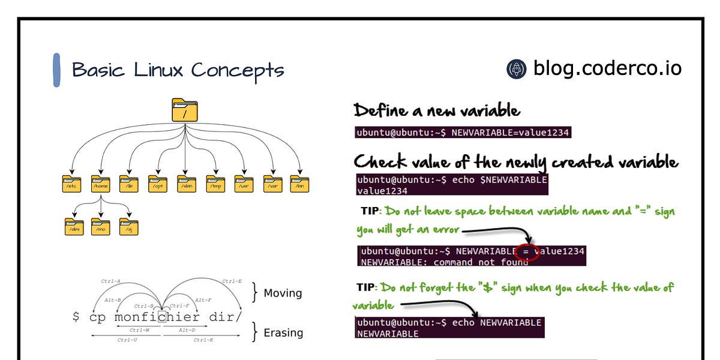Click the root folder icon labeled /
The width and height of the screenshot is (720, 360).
pyautogui.click(x=184, y=110)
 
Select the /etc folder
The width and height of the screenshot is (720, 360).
pyautogui.click(x=71, y=184)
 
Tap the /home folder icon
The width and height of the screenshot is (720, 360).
pyautogui.click(x=100, y=184)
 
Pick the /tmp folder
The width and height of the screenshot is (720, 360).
pyautogui.click(x=215, y=184)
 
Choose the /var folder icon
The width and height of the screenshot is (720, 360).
pyautogui.click(x=272, y=184)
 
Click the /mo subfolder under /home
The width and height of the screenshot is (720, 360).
pyautogui.click(x=100, y=227)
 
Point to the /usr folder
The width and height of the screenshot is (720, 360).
pyautogui.click(x=244, y=184)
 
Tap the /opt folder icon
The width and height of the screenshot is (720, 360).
pyautogui.click(x=157, y=184)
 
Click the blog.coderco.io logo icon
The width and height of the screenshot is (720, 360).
pyautogui.click(x=516, y=69)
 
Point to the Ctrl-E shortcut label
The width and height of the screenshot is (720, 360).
pyautogui.click(x=232, y=281)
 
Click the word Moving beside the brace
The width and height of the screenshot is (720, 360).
pyautogui.click(x=283, y=293)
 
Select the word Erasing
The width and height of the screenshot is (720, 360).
pyautogui.click(x=283, y=332)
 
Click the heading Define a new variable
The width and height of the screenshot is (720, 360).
pyautogui.click(x=437, y=110)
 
